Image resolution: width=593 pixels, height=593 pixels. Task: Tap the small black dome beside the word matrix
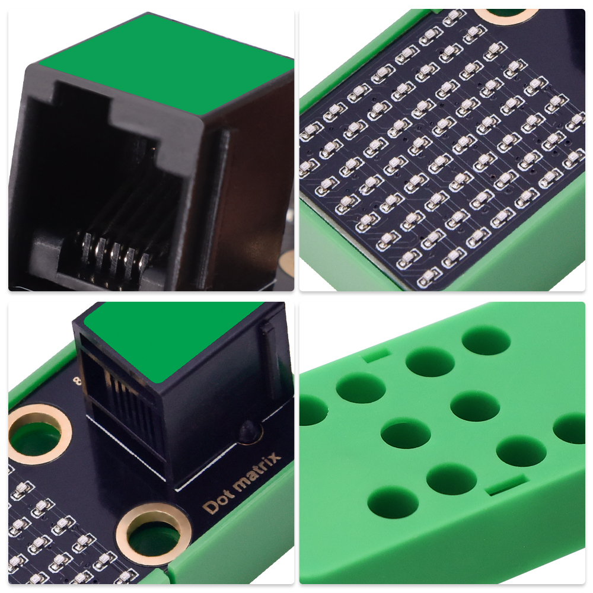pyautogui.click(x=248, y=431)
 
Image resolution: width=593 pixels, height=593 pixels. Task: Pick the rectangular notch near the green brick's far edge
pyautogui.click(x=375, y=355)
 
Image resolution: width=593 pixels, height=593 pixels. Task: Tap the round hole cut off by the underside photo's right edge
pyautogui.click(x=570, y=428)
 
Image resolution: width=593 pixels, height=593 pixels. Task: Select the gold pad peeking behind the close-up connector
pyautogui.click(x=288, y=261)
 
